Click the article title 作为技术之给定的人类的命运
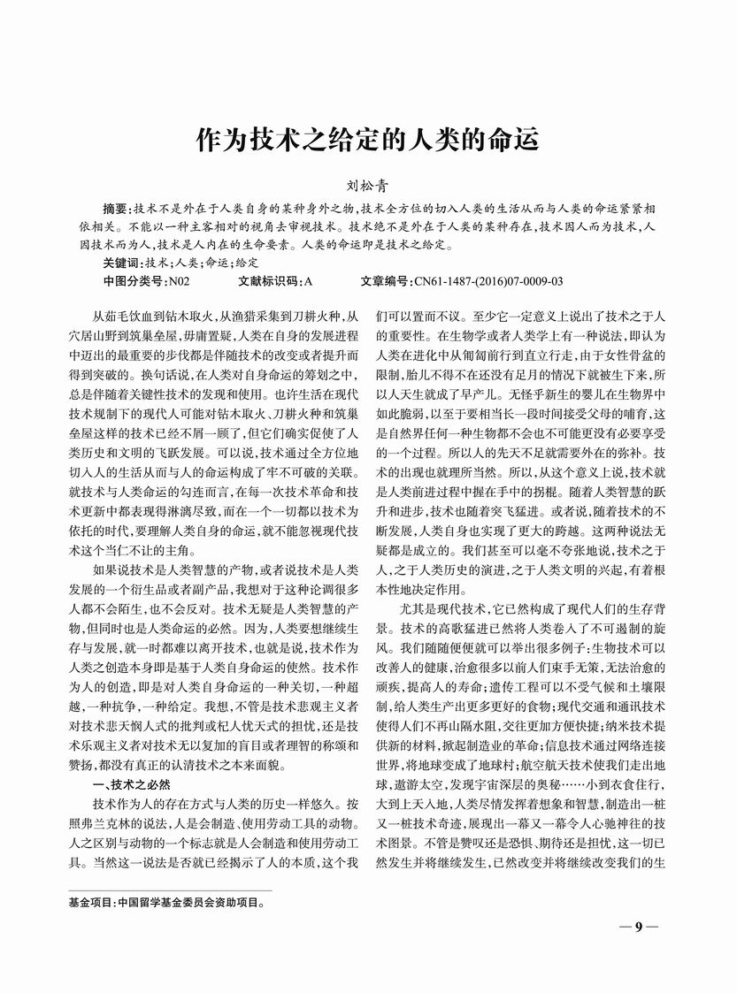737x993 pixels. tap(367, 141)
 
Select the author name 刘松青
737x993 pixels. tap(367, 187)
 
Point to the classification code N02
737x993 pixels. tap(179, 281)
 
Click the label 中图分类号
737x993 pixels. tap(134, 281)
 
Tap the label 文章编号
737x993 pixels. tap(387, 281)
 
